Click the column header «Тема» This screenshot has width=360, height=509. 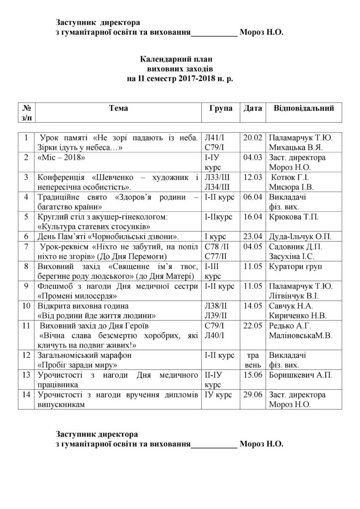(x=118, y=108)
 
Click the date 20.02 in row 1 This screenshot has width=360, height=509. (x=252, y=137)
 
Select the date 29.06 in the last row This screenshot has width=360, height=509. (x=252, y=395)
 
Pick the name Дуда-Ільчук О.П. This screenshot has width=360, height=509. (x=300, y=235)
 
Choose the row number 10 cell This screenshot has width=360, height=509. (x=25, y=305)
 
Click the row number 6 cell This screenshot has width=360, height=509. (x=25, y=235)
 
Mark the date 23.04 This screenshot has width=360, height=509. (x=252, y=235)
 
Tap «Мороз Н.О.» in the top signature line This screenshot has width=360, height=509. (x=262, y=32)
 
